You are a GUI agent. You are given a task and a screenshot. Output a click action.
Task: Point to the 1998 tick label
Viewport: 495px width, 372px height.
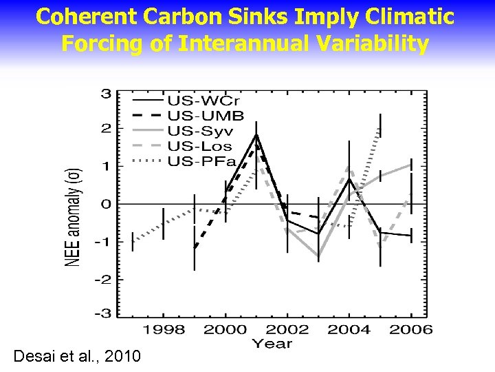pyautogui.click(x=163, y=329)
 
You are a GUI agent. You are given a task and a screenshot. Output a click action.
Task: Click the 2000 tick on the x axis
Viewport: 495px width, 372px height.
pyautogui.click(x=225, y=329)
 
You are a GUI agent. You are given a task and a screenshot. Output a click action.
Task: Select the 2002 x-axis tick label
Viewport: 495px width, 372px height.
pyautogui.click(x=287, y=329)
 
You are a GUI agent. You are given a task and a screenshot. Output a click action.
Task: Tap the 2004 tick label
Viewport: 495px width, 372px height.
pyautogui.click(x=349, y=329)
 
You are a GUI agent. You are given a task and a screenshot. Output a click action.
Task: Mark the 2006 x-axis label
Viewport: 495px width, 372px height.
pyautogui.click(x=410, y=329)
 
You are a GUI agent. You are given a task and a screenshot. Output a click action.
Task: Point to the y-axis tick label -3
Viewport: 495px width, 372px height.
pyautogui.click(x=103, y=313)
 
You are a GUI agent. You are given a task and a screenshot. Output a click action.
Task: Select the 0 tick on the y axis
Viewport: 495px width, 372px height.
pyautogui.click(x=107, y=204)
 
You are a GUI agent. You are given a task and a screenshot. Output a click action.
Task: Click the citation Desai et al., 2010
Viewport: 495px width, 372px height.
pyautogui.click(x=77, y=356)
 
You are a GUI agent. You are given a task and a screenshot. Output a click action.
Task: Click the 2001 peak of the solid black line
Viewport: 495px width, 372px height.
pyautogui.click(x=256, y=136)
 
